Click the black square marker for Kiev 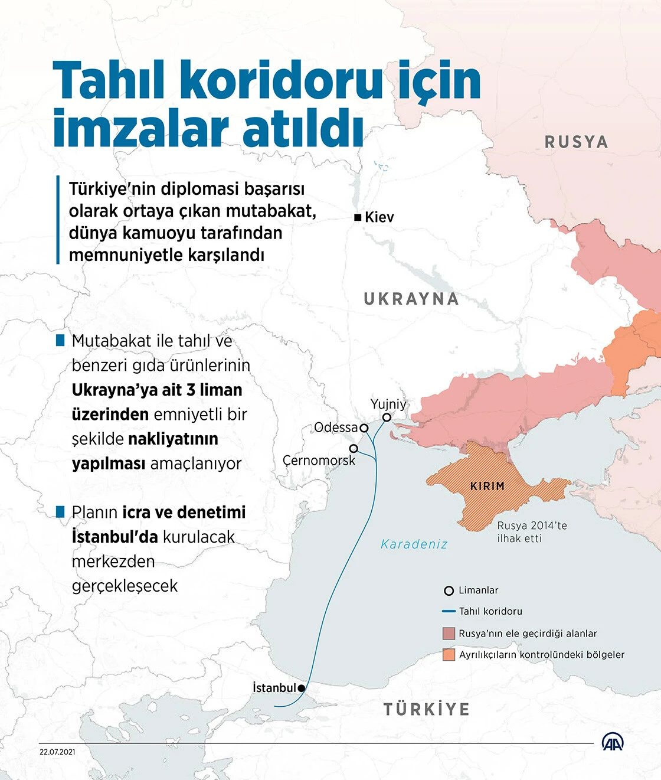[x=358, y=217]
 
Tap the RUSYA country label [x=576, y=142]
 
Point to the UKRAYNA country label [x=411, y=299]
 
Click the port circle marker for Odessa [x=364, y=428]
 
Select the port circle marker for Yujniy [x=387, y=417]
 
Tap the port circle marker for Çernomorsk [x=354, y=449]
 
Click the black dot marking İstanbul [x=302, y=688]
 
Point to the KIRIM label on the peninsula [x=487, y=487]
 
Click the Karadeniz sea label [x=414, y=544]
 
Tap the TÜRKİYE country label [x=427, y=709]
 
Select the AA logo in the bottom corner [x=612, y=742]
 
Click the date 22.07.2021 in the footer [x=57, y=752]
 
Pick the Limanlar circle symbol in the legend [x=449, y=590]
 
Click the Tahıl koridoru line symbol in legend [x=449, y=612]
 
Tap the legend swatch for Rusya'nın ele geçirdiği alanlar [x=449, y=634]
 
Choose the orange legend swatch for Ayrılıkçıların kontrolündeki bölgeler [x=449, y=655]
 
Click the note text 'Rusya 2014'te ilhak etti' [x=531, y=532]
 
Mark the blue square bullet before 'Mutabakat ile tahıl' [x=60, y=341]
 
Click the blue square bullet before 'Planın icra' [x=60, y=512]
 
